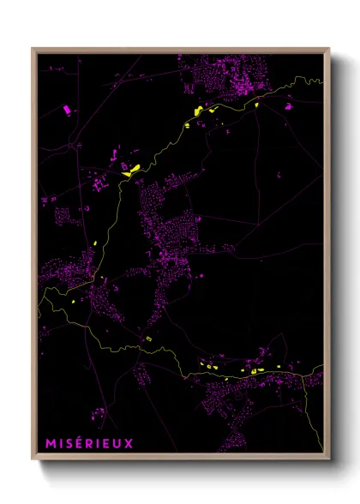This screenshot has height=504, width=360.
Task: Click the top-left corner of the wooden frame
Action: click(x=33, y=49)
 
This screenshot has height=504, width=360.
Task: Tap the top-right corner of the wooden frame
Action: click(x=329, y=49)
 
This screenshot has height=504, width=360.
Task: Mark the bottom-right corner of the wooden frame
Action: click(x=329, y=459)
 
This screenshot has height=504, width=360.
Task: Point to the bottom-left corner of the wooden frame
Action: click(x=33, y=459)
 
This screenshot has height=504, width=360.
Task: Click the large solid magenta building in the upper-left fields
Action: click(x=67, y=109)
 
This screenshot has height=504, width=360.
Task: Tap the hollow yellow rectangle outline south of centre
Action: click(x=147, y=339)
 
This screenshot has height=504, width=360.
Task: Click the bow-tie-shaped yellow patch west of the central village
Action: click(x=131, y=169)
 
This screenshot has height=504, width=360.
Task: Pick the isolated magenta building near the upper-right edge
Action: click(x=289, y=107)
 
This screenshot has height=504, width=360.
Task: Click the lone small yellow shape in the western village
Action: click(x=75, y=301)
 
